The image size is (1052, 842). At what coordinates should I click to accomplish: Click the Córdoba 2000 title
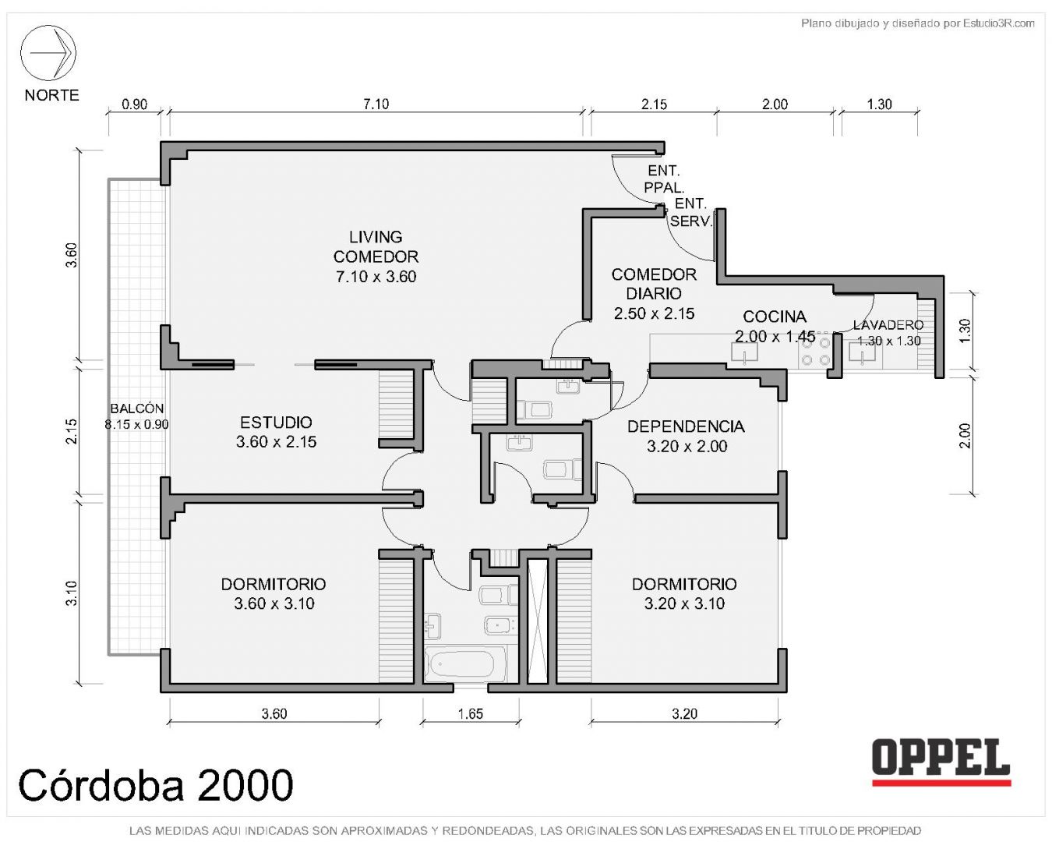pyautogui.click(x=155, y=785)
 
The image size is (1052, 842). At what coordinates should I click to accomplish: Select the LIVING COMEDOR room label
pyautogui.click(x=376, y=246)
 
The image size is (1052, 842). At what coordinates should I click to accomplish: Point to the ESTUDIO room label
pyautogui.click(x=276, y=423)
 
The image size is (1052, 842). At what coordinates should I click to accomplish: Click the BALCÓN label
pyautogui.click(x=137, y=408)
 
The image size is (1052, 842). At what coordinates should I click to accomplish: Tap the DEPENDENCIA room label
pyautogui.click(x=686, y=426)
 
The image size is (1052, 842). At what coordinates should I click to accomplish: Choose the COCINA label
pyautogui.click(x=775, y=317)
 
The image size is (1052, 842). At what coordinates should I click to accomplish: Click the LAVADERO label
pyautogui.click(x=888, y=325)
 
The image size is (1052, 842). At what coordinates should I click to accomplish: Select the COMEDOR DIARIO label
pyautogui.click(x=654, y=284)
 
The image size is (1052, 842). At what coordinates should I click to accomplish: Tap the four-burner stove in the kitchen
pyautogui.click(x=815, y=351)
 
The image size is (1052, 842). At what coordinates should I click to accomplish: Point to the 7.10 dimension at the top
pyautogui.click(x=376, y=104)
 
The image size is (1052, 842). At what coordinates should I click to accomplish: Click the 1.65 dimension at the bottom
pyautogui.click(x=470, y=714)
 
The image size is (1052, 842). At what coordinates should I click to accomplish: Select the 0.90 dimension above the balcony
pyautogui.click(x=135, y=104)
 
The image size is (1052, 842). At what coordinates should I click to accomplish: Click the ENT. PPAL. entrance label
pyautogui.click(x=664, y=179)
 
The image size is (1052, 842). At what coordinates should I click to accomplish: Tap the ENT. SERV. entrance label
pyautogui.click(x=690, y=212)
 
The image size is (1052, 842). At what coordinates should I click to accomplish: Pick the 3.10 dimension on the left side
pyautogui.click(x=72, y=593)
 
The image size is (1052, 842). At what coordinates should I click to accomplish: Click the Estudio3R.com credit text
pyautogui.click(x=917, y=23)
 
